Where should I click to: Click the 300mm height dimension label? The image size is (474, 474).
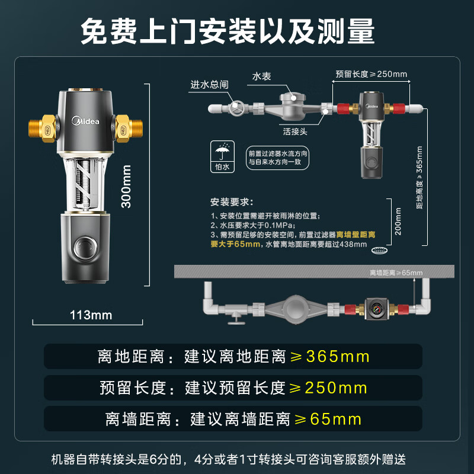pyautogui.click(x=126, y=185)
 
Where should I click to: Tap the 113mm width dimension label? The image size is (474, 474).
pyautogui.click(x=91, y=315)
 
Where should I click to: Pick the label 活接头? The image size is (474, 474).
pyautogui.click(x=294, y=132)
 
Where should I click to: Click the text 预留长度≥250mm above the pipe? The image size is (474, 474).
pyautogui.click(x=371, y=74)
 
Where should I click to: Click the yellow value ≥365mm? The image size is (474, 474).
pyautogui.click(x=329, y=357)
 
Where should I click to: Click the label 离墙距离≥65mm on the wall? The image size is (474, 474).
pyautogui.click(x=396, y=273)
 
